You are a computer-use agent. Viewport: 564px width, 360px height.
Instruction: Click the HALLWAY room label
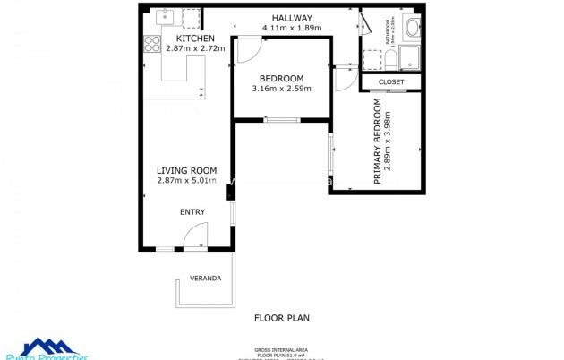point(292,18)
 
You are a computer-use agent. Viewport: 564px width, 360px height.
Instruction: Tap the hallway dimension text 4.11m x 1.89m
point(292,28)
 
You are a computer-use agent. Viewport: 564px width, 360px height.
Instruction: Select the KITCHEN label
point(194,39)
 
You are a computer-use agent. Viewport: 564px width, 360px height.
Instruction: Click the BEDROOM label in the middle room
point(281,78)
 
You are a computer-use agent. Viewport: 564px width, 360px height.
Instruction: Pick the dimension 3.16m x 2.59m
point(281,89)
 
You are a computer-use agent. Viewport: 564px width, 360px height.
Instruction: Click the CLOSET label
point(391,81)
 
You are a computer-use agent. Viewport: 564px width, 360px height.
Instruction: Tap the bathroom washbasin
point(412,28)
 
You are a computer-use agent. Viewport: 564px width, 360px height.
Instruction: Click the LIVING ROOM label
point(186,170)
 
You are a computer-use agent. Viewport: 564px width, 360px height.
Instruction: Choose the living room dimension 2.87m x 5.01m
point(186,181)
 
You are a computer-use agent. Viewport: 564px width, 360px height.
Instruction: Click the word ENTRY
point(192,212)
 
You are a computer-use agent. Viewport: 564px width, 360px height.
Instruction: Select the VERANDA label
point(205,279)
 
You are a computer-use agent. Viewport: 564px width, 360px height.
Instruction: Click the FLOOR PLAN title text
point(282,317)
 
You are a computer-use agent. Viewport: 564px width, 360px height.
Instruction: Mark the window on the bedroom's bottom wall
point(281,120)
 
